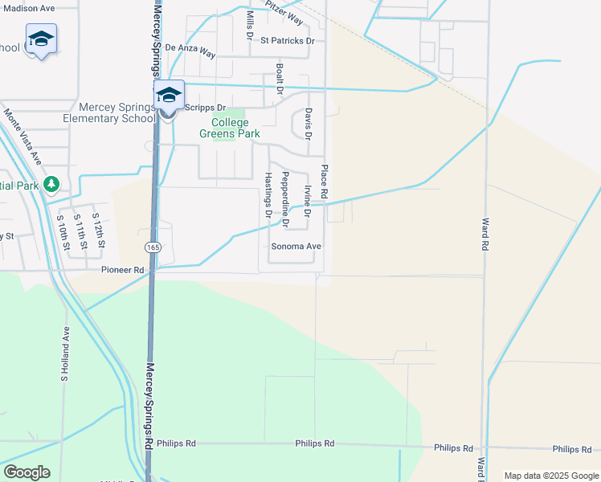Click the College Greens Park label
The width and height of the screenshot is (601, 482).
point(235,128)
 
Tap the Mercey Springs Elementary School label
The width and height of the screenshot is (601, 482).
point(117,112)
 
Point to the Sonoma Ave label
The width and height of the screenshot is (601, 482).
point(296,247)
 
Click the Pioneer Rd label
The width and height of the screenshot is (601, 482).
point(122,271)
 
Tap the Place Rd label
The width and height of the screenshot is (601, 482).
point(325,182)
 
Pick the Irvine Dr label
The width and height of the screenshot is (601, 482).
point(307,200)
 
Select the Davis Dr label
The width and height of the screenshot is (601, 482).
point(307,122)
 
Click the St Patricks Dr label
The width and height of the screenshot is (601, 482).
point(287,39)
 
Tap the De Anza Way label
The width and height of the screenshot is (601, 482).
point(190,49)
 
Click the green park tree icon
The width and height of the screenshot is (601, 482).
point(52,185)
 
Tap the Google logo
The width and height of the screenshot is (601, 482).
point(27,472)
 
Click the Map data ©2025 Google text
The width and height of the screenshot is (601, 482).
point(550,476)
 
